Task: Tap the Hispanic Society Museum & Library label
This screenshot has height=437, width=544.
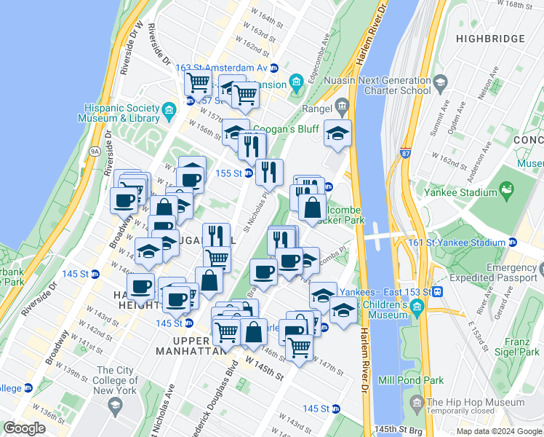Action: pyautogui.click(x=121, y=112)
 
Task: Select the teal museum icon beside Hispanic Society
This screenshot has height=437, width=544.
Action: pyautogui.click(x=169, y=111)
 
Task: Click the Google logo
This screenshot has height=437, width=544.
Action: pyautogui.click(x=24, y=428)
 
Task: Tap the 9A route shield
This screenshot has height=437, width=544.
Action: pyautogui.click(x=95, y=151)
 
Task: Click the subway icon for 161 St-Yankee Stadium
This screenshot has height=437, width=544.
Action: pyautogui.click(x=513, y=243)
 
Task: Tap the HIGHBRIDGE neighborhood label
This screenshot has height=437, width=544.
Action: pyautogui.click(x=488, y=38)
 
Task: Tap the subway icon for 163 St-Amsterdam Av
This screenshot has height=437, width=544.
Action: pyautogui.click(x=274, y=68)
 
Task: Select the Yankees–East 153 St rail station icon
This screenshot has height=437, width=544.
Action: pyautogui.click(x=438, y=292)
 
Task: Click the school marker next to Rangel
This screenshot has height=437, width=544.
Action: pyautogui.click(x=337, y=133)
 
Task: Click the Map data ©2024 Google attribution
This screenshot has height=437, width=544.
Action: pyautogui.click(x=498, y=431)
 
